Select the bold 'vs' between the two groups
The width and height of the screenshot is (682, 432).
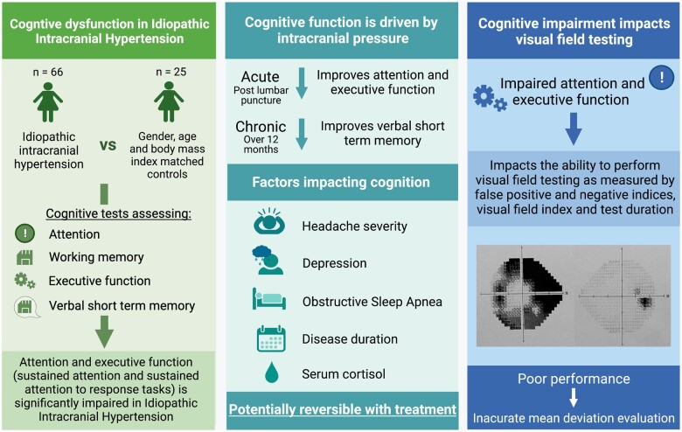108,146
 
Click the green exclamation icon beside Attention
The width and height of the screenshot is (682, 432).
25,234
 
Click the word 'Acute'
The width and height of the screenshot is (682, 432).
261,78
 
